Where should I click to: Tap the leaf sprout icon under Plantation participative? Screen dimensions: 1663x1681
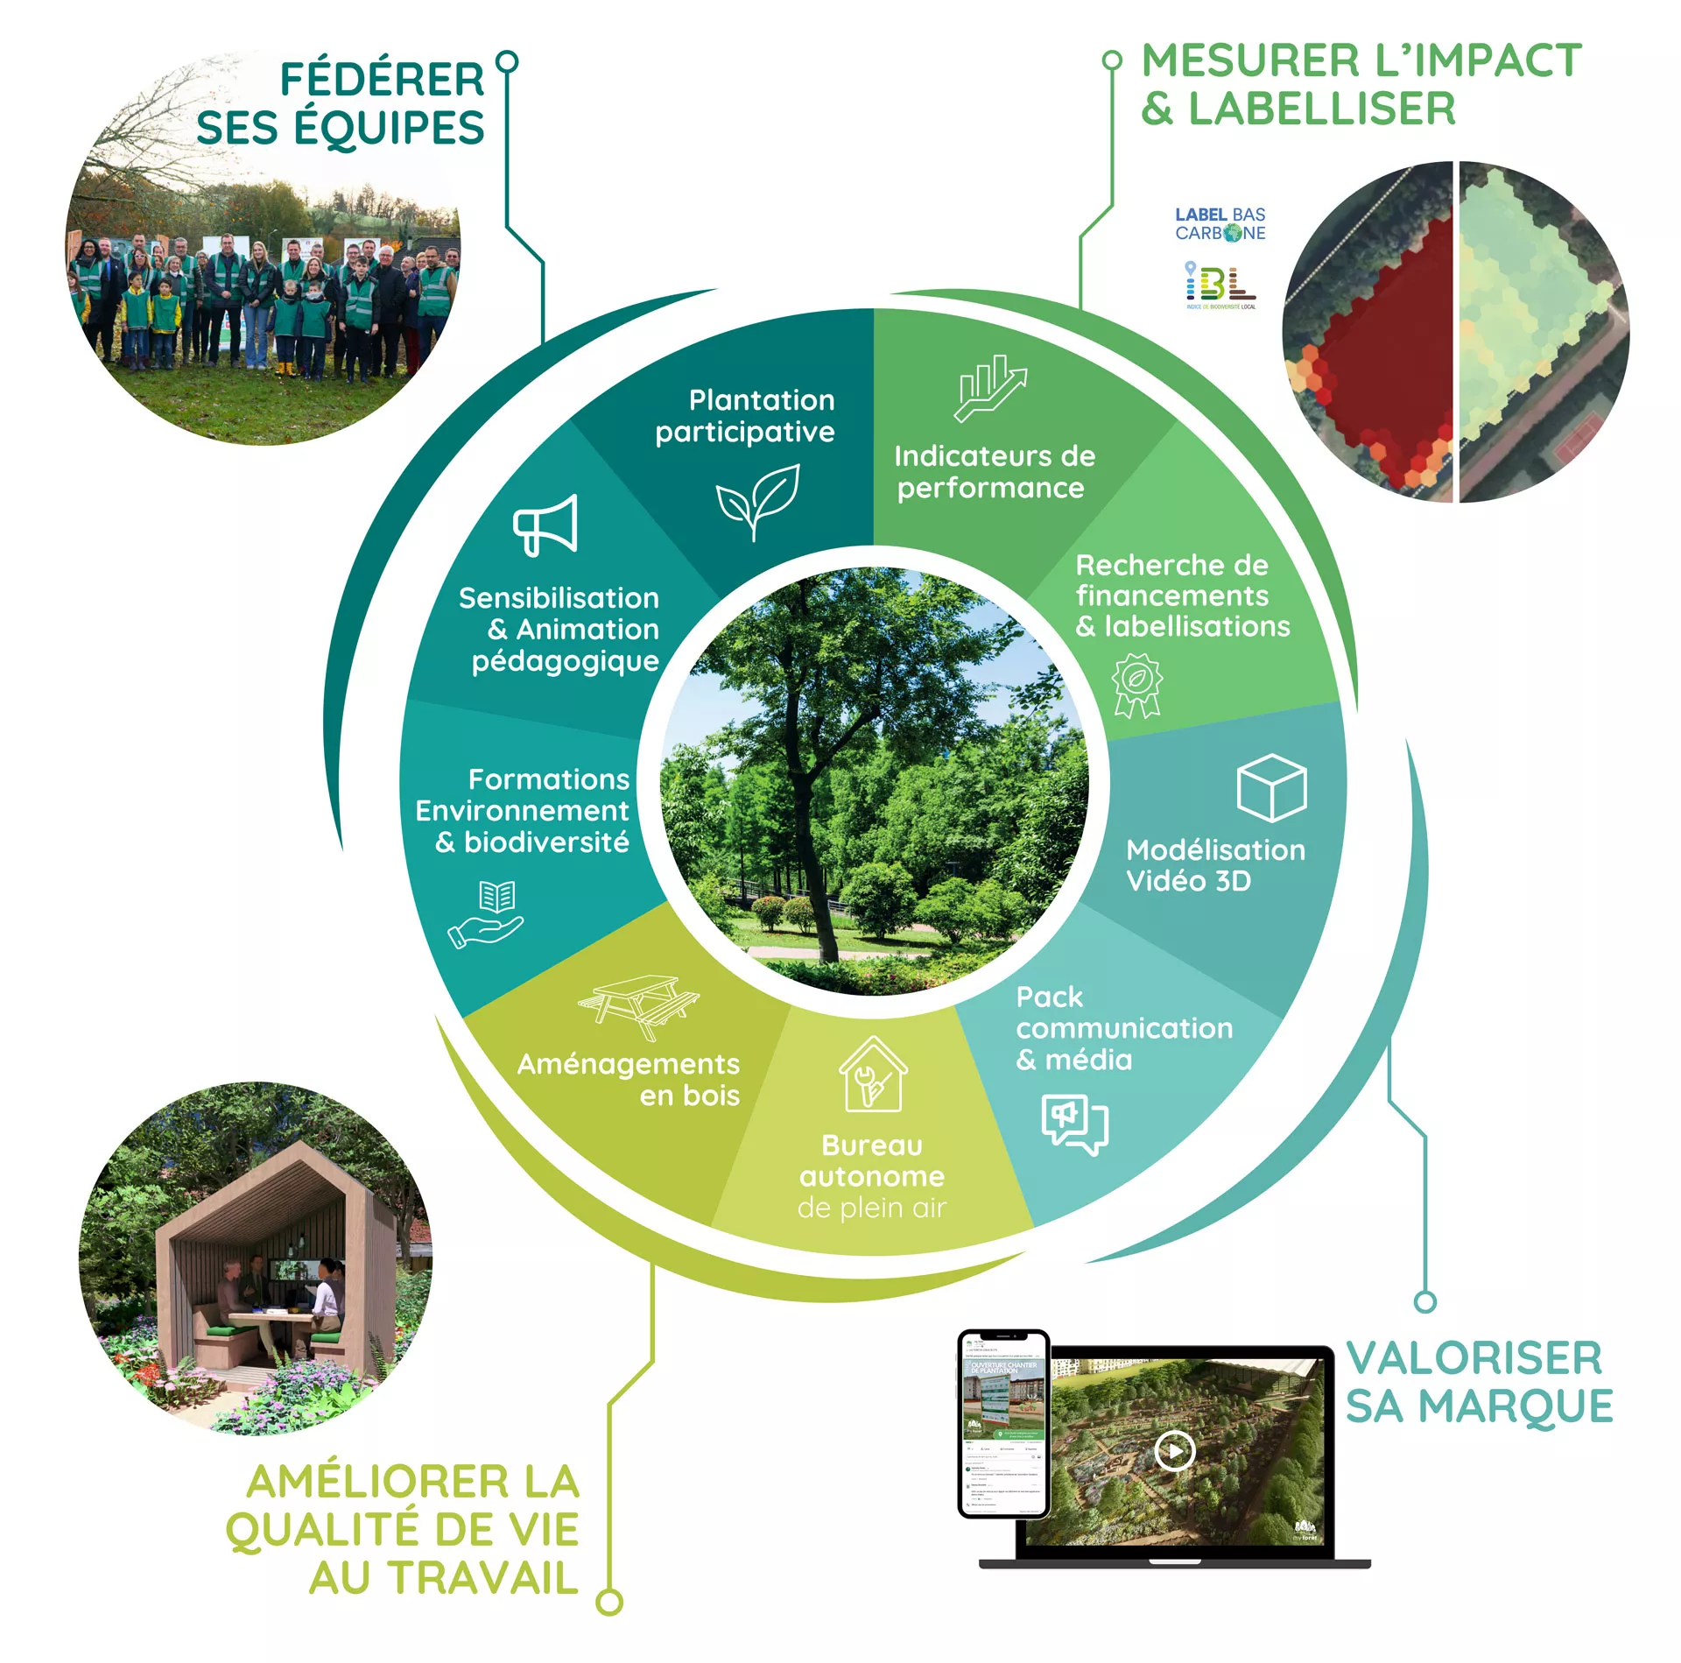coord(757,500)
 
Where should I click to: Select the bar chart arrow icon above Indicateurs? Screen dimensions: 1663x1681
coord(989,387)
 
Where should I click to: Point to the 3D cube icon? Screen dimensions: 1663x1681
coord(1270,787)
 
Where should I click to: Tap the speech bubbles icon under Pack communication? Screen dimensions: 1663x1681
coord(1074,1124)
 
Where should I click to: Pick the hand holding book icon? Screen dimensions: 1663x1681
coord(487,915)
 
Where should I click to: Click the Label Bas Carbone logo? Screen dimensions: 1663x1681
coord(1220,224)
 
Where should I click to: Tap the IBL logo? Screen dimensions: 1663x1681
coord(1220,285)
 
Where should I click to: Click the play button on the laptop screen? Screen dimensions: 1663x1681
coord(1174,1451)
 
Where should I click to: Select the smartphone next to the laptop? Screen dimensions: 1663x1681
coord(1002,1424)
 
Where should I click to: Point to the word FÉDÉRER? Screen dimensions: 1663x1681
coord(382,80)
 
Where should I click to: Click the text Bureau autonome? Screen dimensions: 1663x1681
coord(872,1160)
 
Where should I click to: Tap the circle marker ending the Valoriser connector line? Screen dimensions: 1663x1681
coord(1425,1302)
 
